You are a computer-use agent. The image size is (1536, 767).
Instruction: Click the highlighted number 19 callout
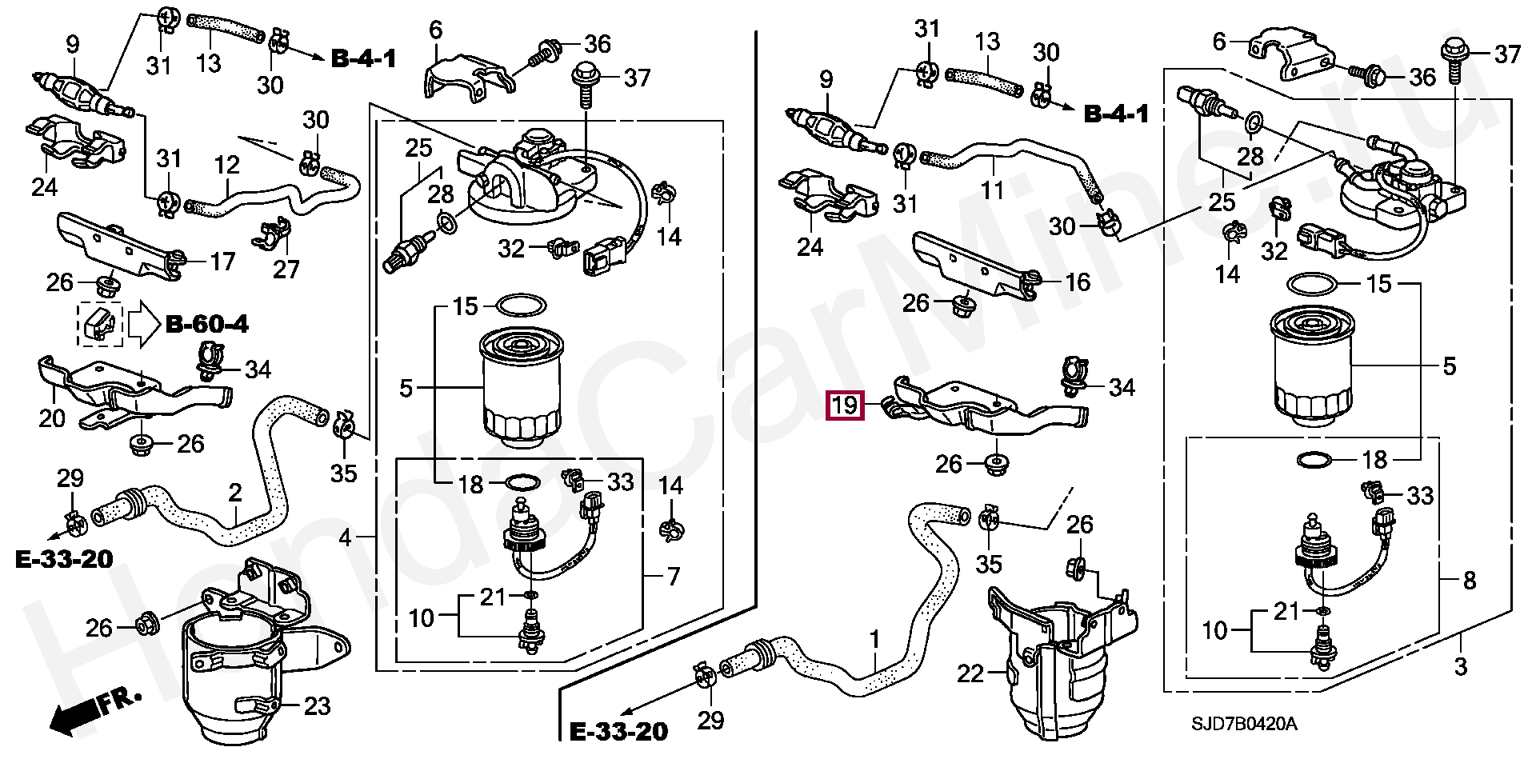tap(845, 405)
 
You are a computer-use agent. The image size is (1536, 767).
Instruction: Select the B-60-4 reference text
tap(207, 324)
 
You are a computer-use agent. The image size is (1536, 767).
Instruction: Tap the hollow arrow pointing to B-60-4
tap(144, 324)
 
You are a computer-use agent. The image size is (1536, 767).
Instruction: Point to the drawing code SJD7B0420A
tap(1244, 725)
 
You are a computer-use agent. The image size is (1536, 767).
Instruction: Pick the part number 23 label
tap(318, 706)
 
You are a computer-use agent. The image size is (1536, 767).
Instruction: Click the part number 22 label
tap(970, 673)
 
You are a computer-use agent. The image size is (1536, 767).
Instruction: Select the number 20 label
tap(52, 417)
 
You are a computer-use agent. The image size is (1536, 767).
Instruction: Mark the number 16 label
tap(1078, 282)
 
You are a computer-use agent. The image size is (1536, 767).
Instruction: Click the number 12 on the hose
tap(227, 165)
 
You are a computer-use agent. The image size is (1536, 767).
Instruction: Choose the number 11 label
tap(993, 190)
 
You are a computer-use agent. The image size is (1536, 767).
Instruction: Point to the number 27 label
tap(286, 270)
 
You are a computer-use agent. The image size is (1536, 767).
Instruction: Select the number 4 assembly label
tap(345, 537)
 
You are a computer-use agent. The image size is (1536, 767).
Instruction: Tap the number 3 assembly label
tap(1461, 666)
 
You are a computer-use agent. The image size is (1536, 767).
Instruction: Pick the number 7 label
tap(673, 576)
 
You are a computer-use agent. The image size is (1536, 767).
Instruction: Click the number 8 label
tap(1470, 581)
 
